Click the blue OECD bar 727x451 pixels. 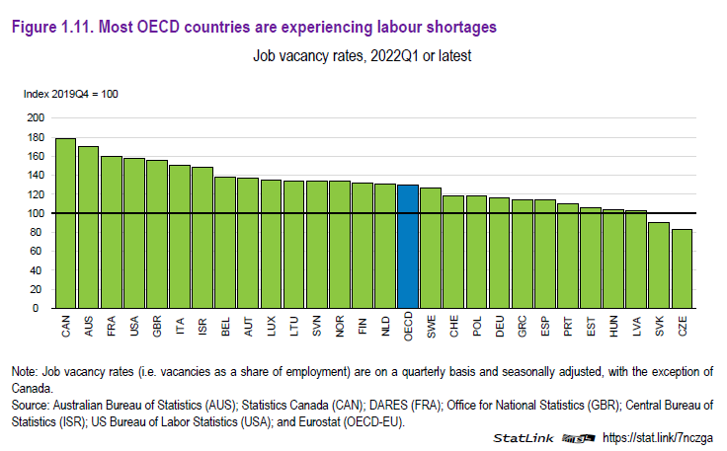(x=408, y=246)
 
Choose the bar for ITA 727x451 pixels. (x=180, y=237)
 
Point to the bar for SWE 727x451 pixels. (x=431, y=248)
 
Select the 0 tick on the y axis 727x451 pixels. (x=41, y=309)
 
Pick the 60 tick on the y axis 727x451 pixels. (x=39, y=252)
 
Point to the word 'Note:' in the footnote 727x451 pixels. (x=25, y=371)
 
